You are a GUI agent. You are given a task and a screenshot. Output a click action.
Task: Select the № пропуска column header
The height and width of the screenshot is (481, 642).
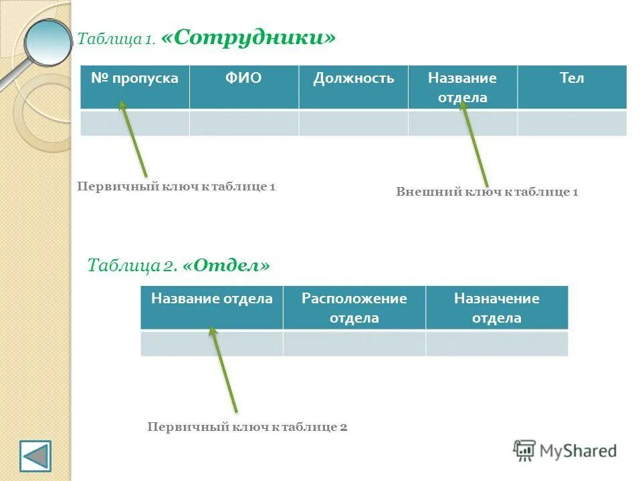134,79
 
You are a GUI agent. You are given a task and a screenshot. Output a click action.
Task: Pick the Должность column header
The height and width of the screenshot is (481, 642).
353,79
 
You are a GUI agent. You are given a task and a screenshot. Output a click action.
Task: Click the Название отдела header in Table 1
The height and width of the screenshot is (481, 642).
462,88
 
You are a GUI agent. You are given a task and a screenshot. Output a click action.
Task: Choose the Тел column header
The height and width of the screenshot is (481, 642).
572,79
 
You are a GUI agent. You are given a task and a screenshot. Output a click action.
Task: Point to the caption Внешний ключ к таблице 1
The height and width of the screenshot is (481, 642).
487,192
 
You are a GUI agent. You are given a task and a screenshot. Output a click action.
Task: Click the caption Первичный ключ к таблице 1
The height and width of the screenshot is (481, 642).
177,187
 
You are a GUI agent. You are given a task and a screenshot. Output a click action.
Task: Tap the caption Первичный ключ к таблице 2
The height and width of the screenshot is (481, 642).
247,427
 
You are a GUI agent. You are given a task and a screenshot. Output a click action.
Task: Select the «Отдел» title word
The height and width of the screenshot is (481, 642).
225,266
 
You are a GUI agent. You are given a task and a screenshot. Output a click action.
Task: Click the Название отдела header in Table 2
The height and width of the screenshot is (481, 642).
211,299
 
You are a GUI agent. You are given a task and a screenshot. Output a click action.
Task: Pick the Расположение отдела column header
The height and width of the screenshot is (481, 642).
354,308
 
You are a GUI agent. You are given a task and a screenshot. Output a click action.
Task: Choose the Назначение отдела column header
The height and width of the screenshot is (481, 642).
496,308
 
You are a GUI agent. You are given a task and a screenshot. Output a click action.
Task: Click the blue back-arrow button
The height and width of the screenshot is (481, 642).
35,456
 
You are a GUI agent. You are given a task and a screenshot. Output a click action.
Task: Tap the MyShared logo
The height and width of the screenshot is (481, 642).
565,451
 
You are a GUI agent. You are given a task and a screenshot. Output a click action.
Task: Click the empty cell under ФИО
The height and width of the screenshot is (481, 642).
243,124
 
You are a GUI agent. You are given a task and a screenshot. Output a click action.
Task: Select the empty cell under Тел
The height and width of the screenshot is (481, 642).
572,124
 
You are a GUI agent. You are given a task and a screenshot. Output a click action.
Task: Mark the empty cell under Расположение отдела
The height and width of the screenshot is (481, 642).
354,343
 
